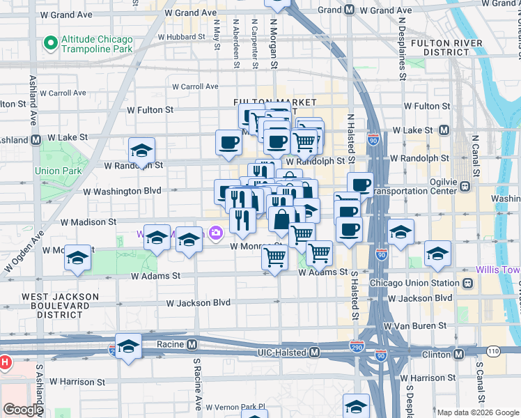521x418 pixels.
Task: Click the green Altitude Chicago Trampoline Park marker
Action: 50,43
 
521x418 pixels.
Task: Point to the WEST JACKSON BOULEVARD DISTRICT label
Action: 60,305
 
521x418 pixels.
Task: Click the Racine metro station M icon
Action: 192,344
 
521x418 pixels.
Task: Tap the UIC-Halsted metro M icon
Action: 314,353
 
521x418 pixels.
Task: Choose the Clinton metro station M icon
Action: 458,354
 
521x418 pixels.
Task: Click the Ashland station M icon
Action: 35,139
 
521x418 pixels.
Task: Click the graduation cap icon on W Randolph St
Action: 141,150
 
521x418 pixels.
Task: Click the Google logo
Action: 23,410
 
